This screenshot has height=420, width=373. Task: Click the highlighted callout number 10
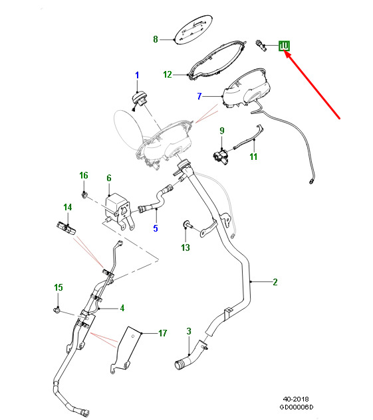[284, 46]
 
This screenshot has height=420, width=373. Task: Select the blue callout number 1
[138, 75]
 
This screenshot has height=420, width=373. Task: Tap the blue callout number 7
[199, 96]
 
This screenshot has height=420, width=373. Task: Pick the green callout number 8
[156, 39]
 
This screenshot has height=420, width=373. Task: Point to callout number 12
[168, 74]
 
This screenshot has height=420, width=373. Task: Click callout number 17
[163, 333]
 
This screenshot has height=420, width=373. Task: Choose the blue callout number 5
[156, 228]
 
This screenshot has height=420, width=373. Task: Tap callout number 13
[186, 247]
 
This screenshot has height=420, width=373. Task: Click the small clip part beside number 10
[261, 46]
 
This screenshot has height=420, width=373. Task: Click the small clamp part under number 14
[66, 228]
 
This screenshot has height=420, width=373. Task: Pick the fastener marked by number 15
[57, 310]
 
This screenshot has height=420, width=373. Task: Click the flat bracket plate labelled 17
[126, 350]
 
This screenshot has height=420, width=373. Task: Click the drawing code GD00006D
[297, 407]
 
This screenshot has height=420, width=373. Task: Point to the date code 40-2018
[296, 399]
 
